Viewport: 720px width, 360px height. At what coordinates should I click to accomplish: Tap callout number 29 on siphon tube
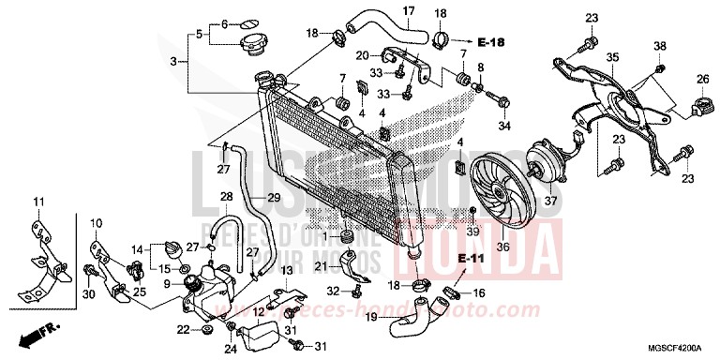[x=274, y=198]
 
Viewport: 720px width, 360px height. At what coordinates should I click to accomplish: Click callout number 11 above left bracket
[x=39, y=202]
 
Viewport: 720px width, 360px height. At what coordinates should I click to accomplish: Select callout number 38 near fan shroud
[x=659, y=47]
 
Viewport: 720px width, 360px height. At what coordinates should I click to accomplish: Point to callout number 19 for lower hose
[x=371, y=317]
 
